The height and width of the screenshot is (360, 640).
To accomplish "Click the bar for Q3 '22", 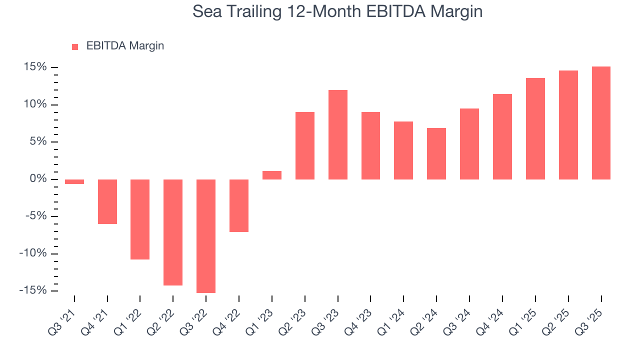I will tap(205, 236).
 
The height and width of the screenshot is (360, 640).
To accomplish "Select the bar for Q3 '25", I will tap(600, 123).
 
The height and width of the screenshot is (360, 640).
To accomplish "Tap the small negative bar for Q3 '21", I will tap(74, 181).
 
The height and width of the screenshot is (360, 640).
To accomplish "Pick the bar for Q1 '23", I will tap(271, 175).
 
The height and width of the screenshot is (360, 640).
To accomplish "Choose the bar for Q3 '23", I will tap(337, 134).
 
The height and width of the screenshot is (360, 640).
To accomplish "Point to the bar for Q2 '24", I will tap(436, 153).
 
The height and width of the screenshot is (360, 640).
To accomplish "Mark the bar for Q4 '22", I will tap(238, 205).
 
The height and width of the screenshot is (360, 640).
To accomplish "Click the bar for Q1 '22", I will tap(140, 219).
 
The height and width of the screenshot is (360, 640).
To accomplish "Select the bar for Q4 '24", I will tap(502, 136).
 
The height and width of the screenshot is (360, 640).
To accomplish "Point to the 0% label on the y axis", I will tap(39, 179).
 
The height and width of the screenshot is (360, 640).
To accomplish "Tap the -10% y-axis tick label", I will tap(33, 253).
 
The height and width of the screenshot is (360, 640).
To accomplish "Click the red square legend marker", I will tap(75, 46).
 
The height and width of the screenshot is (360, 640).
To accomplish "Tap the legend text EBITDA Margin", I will tap(125, 46).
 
